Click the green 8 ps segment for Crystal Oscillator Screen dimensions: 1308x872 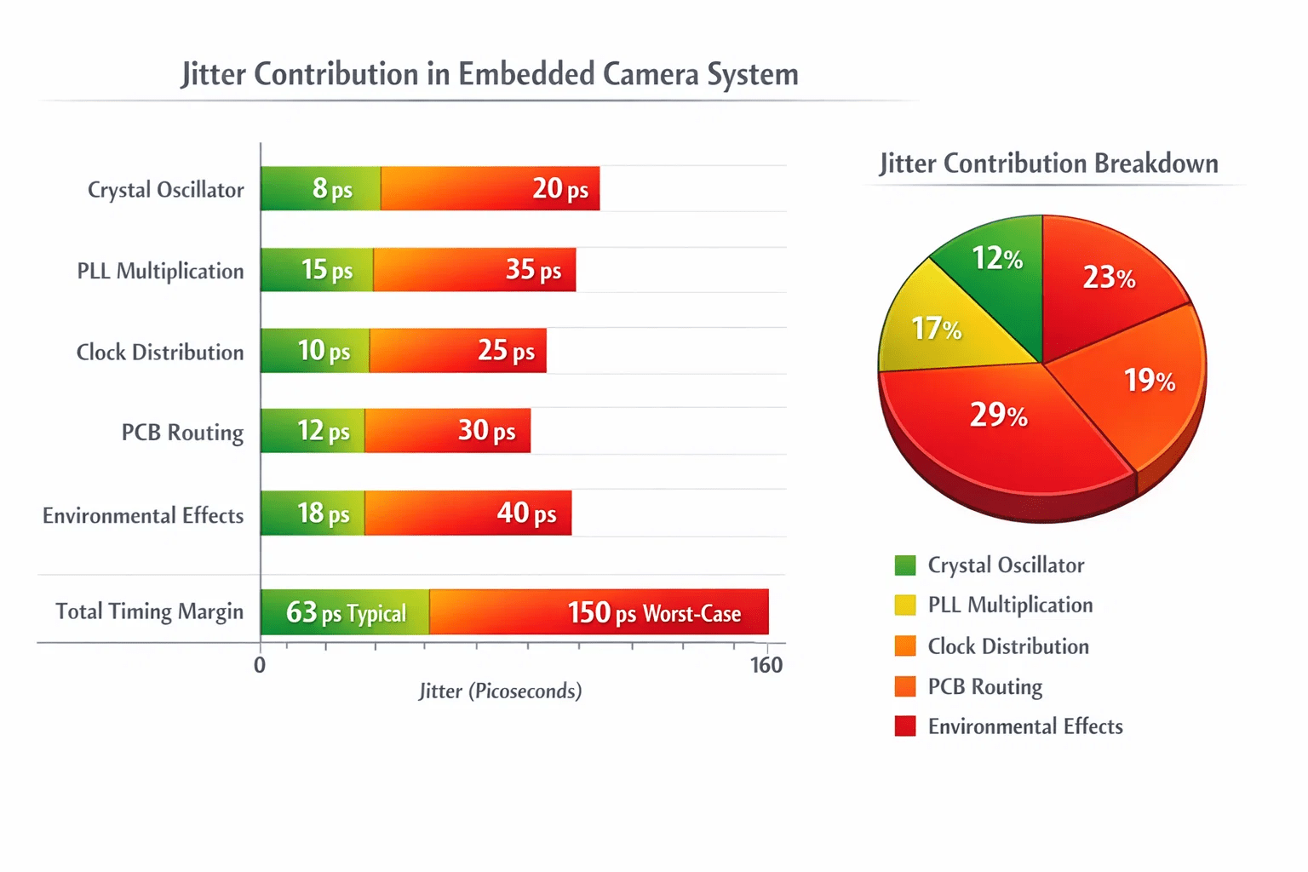point(320,188)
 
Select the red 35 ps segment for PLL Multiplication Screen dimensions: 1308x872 point(474,270)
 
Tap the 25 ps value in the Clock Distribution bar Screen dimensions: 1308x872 point(507,351)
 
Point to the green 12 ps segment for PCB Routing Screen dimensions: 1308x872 point(313,431)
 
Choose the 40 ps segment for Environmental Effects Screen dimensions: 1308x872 point(468,513)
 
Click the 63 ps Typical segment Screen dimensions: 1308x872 point(345,611)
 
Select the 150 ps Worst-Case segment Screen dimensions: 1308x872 point(599,611)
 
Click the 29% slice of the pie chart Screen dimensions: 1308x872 point(999,433)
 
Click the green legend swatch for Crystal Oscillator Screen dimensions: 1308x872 point(905,565)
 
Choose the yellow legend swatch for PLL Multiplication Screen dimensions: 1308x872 point(905,605)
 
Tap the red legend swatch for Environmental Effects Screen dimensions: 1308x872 point(905,726)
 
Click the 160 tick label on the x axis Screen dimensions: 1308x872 point(766,665)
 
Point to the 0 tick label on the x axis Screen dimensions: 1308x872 point(260,665)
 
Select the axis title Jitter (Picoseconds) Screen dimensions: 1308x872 point(501,691)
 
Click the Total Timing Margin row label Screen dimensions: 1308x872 point(150,611)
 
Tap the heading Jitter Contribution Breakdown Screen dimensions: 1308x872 point(1049,163)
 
